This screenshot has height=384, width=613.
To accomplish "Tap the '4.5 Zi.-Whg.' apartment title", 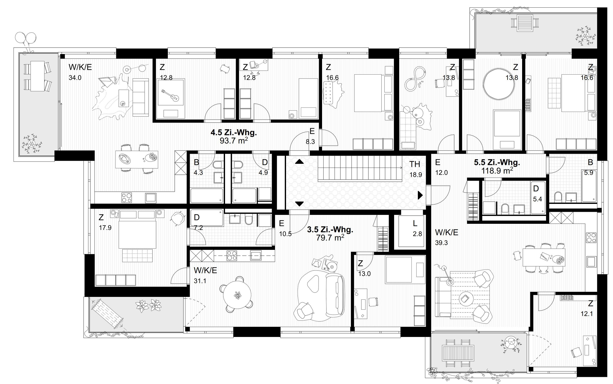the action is pos(233,133).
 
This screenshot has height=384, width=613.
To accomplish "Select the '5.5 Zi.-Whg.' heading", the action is pos(497,162).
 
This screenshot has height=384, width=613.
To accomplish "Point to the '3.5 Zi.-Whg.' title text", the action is pos(330,230).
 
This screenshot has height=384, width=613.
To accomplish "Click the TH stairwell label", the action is pos(415,164).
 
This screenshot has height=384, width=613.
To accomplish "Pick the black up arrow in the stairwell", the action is pos(299,161).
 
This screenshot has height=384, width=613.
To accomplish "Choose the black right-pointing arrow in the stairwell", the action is pos(420,195).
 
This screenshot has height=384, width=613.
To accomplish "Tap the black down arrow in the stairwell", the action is pos(299,204).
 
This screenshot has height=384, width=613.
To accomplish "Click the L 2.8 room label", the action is pos(415,228).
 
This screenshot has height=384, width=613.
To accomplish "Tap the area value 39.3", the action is pos(441,243).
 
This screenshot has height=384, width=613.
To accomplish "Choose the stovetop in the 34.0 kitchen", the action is pos(127,197).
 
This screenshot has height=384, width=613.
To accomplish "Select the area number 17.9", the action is pos(105,228).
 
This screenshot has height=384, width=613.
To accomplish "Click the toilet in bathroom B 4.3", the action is pos(218,165).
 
